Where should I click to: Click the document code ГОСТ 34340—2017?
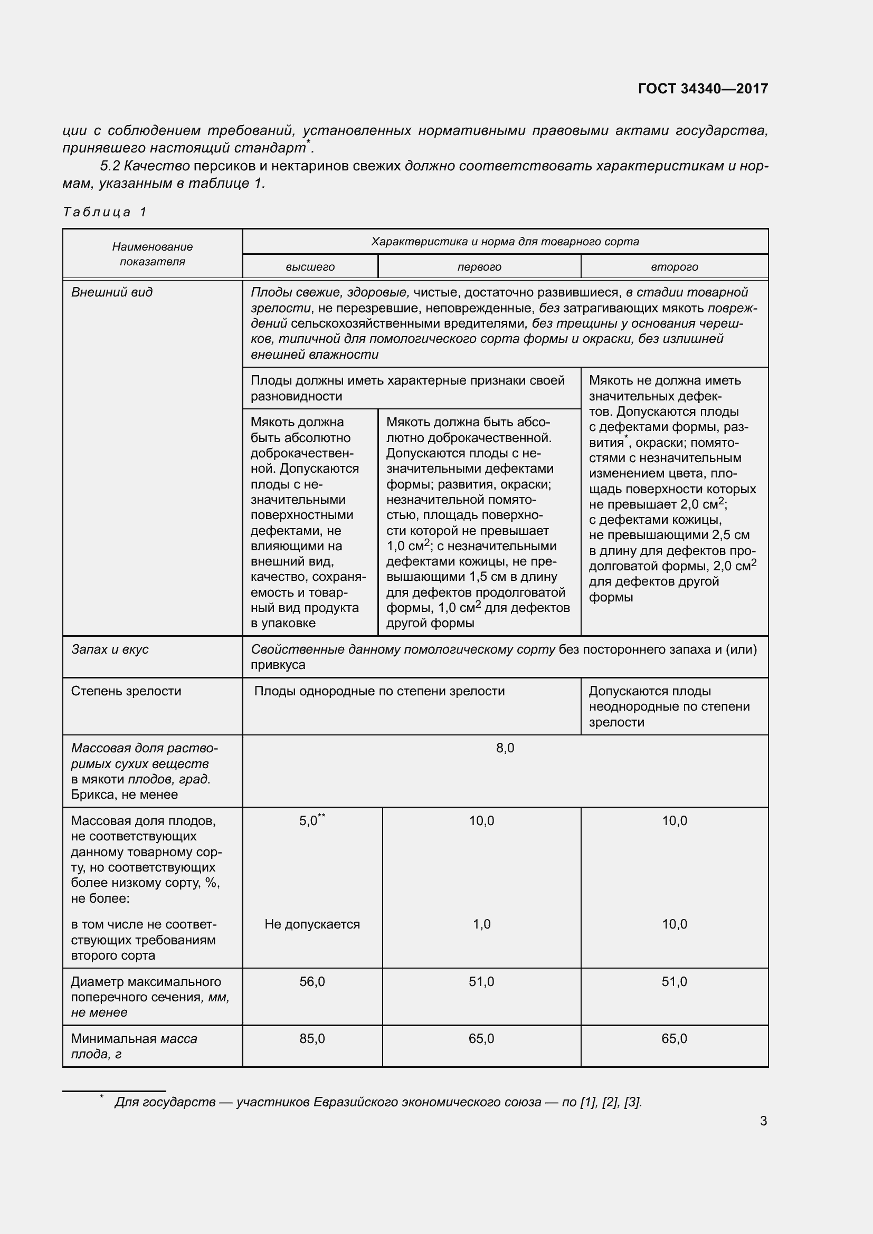click(703, 89)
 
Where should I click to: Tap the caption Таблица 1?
click(105, 212)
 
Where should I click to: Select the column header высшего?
click(310, 267)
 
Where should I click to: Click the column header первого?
click(479, 267)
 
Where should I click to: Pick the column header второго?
click(674, 267)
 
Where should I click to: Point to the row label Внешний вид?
click(112, 292)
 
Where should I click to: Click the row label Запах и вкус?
click(110, 649)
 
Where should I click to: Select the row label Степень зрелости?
click(126, 691)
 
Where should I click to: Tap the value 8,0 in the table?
click(505, 748)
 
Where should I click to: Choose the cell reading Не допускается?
click(312, 924)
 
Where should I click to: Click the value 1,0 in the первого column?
click(481, 924)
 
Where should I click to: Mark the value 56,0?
click(312, 982)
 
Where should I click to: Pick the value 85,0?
click(312, 1039)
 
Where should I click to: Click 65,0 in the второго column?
click(674, 1039)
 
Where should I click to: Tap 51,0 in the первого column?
click(481, 982)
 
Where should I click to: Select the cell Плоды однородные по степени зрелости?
click(379, 691)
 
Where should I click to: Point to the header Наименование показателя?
click(152, 254)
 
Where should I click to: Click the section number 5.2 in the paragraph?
click(110, 166)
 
